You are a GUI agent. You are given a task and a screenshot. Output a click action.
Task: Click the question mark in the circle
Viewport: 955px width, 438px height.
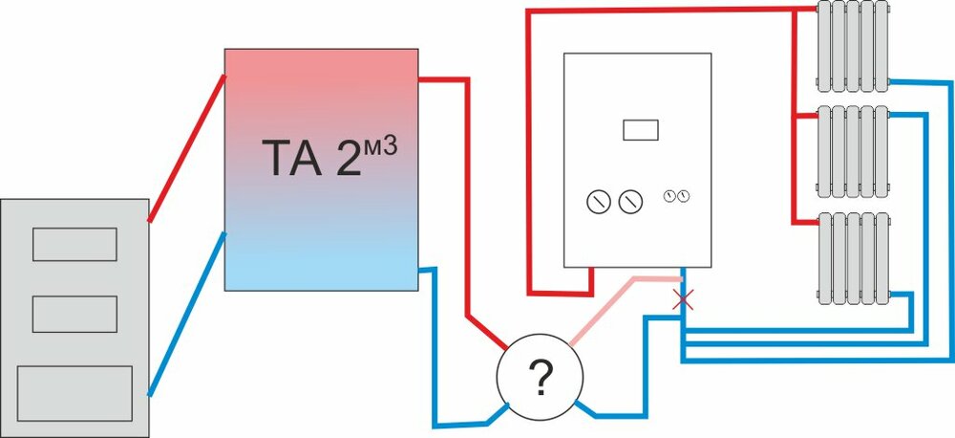540,380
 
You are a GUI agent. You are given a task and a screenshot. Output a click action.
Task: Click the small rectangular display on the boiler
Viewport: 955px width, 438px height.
639,129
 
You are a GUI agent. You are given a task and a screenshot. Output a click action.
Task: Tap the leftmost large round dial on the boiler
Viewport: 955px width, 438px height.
598,202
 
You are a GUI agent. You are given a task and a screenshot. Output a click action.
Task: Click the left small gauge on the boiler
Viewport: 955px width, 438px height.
668,196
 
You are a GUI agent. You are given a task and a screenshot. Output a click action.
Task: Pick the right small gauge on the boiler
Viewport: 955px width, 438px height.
684,196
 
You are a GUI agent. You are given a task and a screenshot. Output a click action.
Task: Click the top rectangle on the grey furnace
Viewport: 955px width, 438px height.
74,244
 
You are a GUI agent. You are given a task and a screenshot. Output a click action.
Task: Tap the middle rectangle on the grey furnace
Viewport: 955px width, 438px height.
74,314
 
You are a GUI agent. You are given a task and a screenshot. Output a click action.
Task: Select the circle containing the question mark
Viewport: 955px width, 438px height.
540,354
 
